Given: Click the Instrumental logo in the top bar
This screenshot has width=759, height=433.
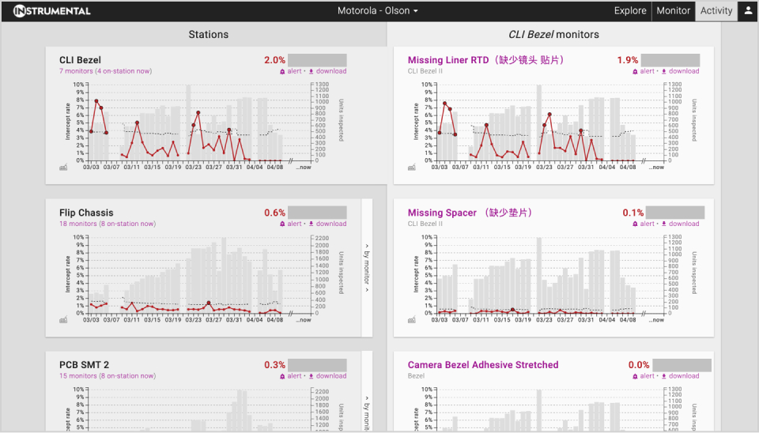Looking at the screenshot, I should (52, 11).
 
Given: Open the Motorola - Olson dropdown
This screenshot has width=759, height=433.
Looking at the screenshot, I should (378, 11).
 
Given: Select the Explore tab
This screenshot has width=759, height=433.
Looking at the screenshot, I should (630, 11).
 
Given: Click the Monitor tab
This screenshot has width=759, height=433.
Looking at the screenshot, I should (673, 11).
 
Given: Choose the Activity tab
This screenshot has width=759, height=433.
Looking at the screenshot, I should (716, 11).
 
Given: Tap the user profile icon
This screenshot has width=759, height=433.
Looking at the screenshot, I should (748, 11).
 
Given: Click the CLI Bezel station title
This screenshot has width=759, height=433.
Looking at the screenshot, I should (80, 60).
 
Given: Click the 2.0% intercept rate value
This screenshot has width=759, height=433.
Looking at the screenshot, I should (274, 60).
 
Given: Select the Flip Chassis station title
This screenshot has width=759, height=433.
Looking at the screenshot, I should (86, 213).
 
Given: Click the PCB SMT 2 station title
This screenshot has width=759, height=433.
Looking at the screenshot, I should (84, 365).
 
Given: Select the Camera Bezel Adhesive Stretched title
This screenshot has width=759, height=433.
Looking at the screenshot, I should (483, 365).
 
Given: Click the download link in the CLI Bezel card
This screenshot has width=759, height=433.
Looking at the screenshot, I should (327, 71).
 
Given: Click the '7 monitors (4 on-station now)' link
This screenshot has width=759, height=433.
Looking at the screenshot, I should (105, 71).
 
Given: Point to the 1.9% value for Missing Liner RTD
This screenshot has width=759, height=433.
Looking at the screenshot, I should (628, 60).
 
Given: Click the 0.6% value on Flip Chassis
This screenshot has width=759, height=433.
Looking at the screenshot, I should (274, 213).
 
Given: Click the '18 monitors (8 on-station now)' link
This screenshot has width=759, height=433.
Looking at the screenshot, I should (108, 224).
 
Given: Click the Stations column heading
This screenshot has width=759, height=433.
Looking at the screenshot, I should (209, 35).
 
